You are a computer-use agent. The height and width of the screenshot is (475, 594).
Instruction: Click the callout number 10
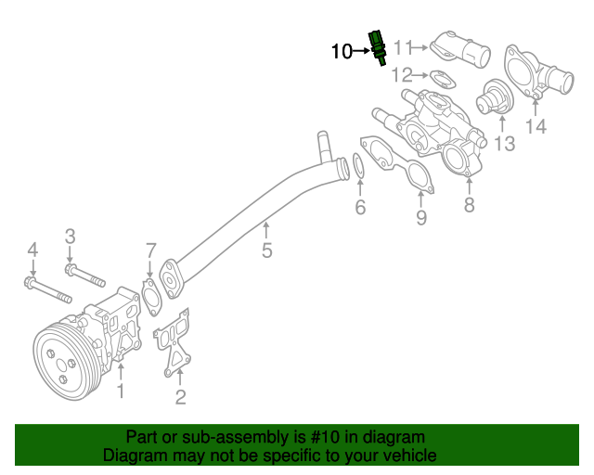point(341,51)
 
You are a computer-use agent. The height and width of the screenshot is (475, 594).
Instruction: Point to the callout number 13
point(503,143)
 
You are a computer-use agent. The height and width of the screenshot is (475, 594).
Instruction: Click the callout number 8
point(469,205)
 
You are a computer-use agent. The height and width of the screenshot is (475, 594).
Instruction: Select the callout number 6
point(360,207)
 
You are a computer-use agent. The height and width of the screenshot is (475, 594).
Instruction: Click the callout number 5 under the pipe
point(266,250)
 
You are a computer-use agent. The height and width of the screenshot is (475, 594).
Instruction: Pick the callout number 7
point(149,249)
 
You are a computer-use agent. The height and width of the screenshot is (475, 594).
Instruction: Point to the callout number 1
point(120,392)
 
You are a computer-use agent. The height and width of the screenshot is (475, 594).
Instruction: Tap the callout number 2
point(180,399)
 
